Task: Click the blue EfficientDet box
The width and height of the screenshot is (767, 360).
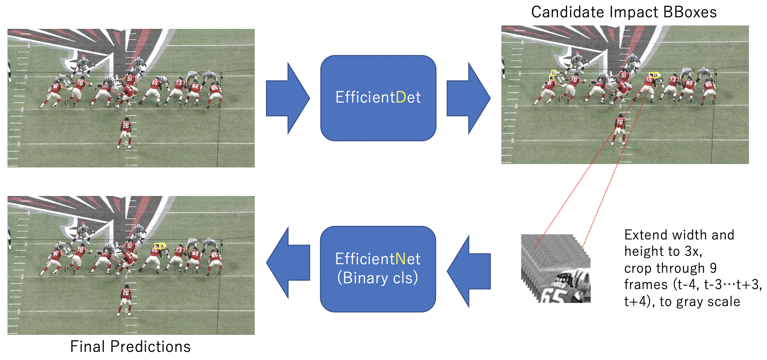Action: point(378,98)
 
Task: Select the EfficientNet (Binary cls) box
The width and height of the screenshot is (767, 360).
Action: point(378,269)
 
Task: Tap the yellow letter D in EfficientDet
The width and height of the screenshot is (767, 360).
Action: point(401,97)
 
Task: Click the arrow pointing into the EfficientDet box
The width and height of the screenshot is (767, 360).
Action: point(288,98)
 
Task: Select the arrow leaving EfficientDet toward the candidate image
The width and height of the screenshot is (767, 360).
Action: point(468,98)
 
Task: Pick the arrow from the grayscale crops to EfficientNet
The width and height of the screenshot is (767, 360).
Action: point(469,271)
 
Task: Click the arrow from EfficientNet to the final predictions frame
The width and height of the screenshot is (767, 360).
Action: point(288,263)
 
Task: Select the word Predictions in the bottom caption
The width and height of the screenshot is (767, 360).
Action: point(151,347)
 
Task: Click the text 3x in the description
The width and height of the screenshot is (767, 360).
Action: point(693,252)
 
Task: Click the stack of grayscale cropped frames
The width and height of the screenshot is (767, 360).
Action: point(556,268)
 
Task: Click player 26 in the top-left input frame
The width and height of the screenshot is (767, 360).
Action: point(125,133)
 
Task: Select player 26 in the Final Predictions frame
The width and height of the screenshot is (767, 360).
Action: point(125,300)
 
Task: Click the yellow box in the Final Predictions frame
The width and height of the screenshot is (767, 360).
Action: point(160,246)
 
